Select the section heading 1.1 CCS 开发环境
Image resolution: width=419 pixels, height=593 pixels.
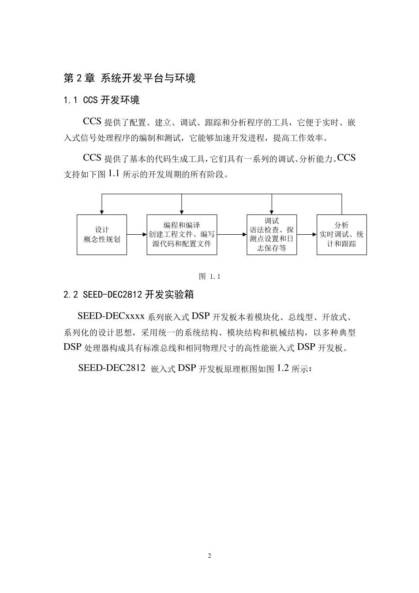point(101,100)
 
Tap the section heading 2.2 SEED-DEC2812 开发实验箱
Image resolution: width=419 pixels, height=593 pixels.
point(129,295)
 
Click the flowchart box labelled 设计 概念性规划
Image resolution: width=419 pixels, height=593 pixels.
point(102,235)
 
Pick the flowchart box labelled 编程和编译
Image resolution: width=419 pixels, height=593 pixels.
point(182,235)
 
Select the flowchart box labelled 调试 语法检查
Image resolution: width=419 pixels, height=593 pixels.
point(272,235)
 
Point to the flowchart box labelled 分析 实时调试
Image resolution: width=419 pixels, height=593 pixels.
point(342,235)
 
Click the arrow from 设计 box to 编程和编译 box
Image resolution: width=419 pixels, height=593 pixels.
point(137,235)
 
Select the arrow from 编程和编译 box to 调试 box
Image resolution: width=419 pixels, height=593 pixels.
point(232,235)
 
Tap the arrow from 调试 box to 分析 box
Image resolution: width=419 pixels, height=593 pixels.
point(307,235)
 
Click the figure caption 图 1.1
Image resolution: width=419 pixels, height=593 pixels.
point(209,277)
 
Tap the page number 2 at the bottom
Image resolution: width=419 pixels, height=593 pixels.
point(209,555)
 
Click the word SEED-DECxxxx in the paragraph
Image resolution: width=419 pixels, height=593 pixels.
point(111,316)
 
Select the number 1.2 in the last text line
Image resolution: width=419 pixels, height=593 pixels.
point(283,368)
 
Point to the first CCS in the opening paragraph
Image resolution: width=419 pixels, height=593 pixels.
point(92,122)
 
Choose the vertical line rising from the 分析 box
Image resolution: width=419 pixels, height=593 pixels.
point(342,204)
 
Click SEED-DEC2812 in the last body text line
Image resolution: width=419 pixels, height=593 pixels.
point(112,368)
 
